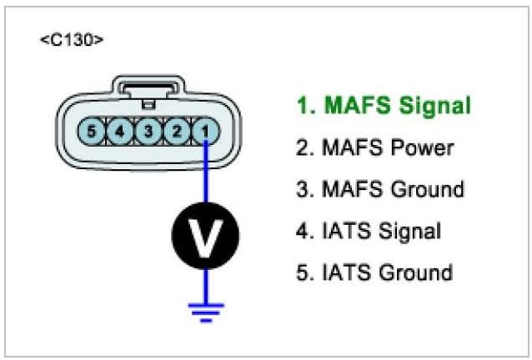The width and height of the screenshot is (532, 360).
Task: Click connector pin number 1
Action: pyautogui.click(x=204, y=131)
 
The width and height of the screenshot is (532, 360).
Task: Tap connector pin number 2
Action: pyautogui.click(x=176, y=131)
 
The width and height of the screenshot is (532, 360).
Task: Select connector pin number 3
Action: pyautogui.click(x=148, y=131)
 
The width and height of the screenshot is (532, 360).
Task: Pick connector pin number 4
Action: pyautogui.click(x=120, y=131)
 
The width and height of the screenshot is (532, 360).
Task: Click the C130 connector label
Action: pyautogui.click(x=72, y=40)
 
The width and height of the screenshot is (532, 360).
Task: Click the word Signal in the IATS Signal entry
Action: pyautogui.click(x=409, y=231)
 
